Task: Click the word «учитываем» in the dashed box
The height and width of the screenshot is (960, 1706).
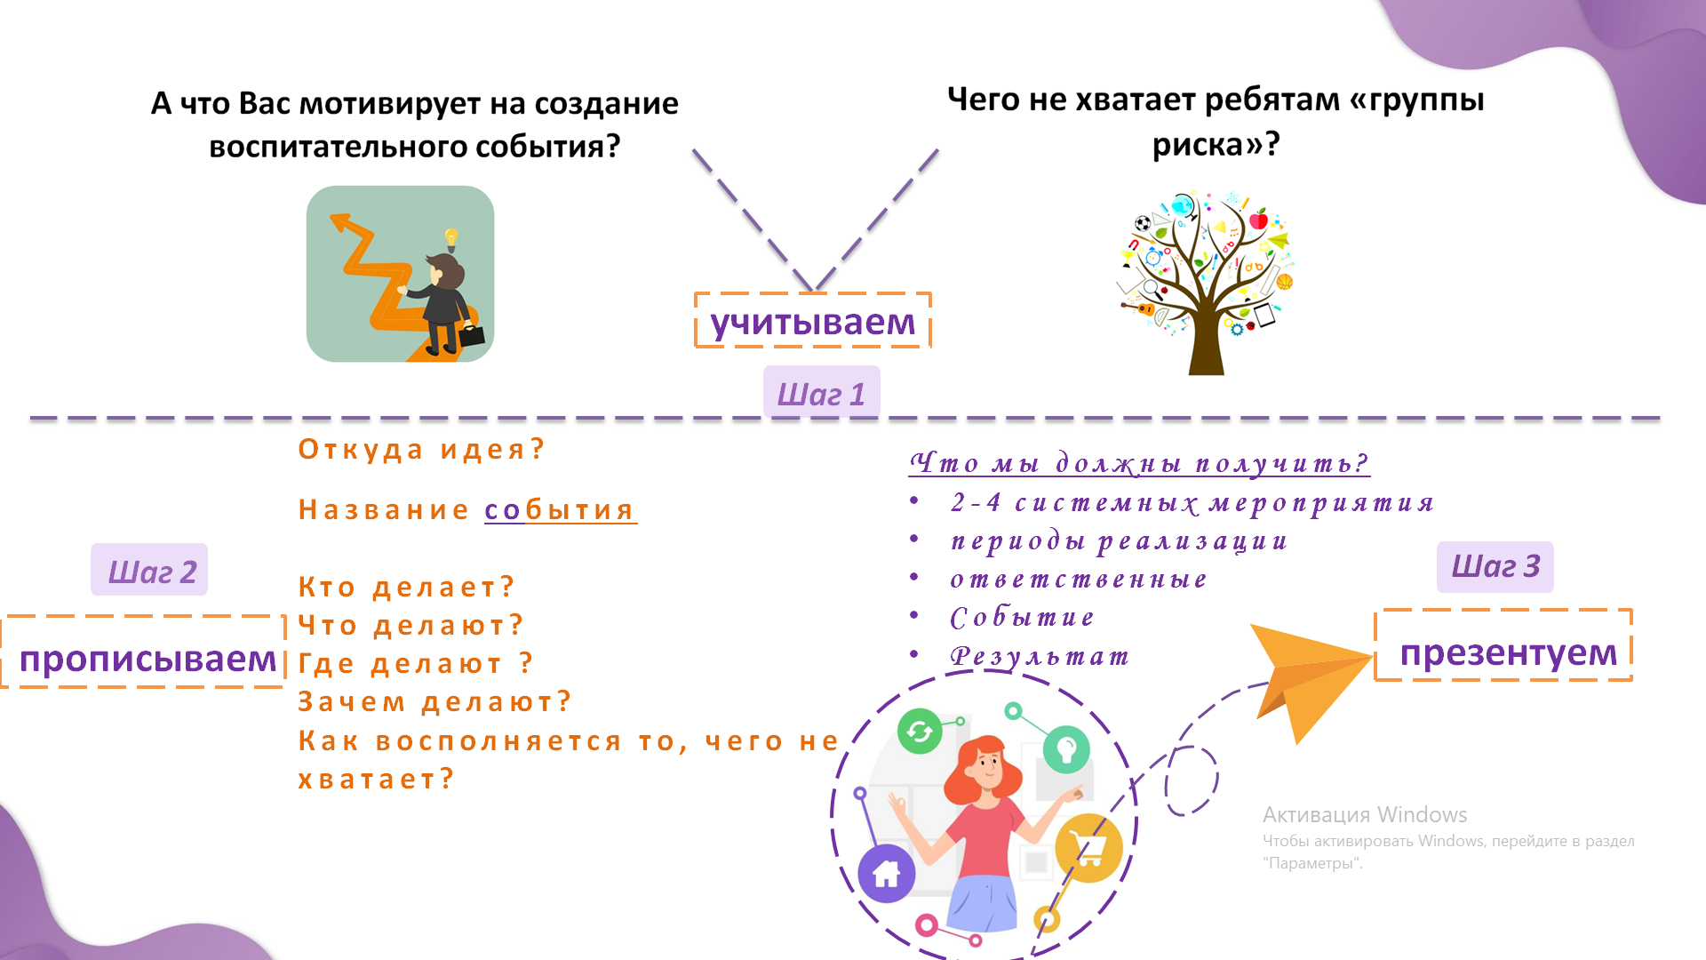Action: click(x=812, y=322)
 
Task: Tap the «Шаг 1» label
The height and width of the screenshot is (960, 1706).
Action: click(x=821, y=394)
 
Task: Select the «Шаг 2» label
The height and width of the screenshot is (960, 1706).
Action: click(x=151, y=572)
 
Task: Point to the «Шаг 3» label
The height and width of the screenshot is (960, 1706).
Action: click(x=1495, y=566)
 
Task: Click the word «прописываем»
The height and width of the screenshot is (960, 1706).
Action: click(x=147, y=659)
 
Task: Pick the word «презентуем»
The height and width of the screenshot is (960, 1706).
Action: click(x=1508, y=652)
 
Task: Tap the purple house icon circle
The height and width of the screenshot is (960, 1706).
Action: click(x=886, y=874)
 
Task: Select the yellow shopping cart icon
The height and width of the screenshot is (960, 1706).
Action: click(x=1088, y=848)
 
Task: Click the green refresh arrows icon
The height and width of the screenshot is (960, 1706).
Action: click(x=920, y=732)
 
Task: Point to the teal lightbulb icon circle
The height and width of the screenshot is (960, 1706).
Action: click(x=1066, y=749)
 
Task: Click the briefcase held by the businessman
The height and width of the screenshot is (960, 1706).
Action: click(x=472, y=335)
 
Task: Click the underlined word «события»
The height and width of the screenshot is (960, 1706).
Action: click(x=560, y=510)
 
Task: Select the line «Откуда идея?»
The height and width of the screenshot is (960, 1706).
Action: click(x=421, y=449)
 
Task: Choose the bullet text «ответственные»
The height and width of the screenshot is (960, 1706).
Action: click(x=1079, y=580)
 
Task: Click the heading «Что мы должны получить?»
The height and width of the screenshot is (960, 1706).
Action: click(x=1139, y=462)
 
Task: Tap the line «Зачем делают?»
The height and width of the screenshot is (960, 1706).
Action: click(x=434, y=701)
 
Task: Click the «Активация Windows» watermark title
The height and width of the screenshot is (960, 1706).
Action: click(x=1365, y=814)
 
